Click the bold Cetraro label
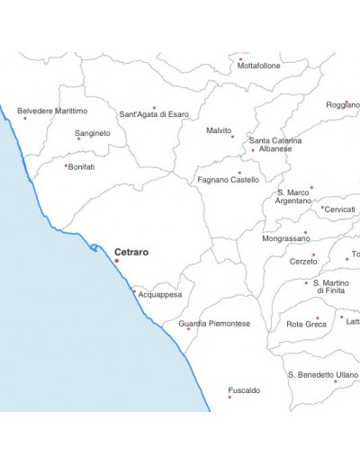(131, 253)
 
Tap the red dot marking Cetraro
(116, 261)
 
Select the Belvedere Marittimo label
(52, 111)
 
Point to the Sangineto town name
(94, 133)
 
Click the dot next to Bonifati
(66, 165)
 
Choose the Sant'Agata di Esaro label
(154, 115)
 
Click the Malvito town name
(219, 130)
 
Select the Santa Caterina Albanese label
(275, 145)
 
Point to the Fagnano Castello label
(228, 180)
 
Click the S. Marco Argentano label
(293, 197)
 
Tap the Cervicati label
(340, 210)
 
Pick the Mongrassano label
(287, 239)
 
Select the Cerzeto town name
(302, 262)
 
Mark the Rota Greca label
(306, 325)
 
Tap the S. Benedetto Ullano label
(322, 374)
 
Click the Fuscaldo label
(244, 390)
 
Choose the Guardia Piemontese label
(214, 324)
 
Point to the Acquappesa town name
(159, 295)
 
